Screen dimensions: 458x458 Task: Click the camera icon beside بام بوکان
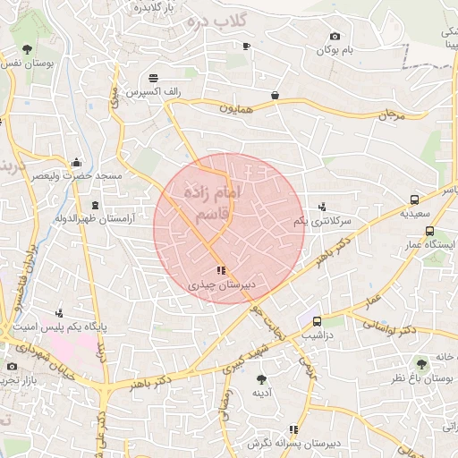(335, 37)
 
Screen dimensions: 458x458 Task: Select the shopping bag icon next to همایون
(275, 94)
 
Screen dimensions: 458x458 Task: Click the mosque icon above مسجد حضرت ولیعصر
(76, 163)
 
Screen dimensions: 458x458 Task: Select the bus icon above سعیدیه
(414, 200)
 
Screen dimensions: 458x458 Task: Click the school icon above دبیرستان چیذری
(221, 270)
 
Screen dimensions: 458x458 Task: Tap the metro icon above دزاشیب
(317, 321)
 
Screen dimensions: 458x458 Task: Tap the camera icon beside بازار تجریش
(12, 366)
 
